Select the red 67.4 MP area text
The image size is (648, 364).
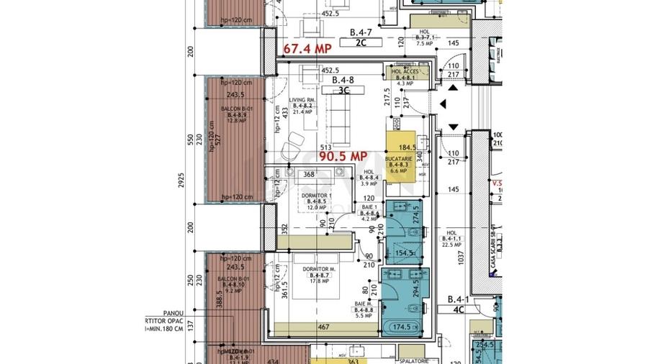tap(307, 49)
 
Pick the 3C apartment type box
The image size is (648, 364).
tap(345, 91)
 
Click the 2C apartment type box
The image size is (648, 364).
tap(362, 43)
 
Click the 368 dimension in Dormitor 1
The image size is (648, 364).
tap(309, 173)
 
